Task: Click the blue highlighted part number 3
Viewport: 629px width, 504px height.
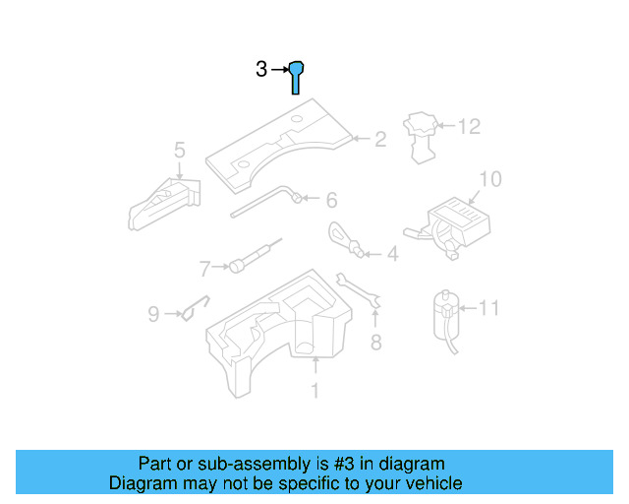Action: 296,75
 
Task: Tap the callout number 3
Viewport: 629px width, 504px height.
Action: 261,69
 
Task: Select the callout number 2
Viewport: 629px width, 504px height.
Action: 379,140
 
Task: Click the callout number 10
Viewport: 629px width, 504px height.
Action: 489,178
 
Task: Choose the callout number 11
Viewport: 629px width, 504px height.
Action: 488,308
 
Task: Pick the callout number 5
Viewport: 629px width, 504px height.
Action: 179,150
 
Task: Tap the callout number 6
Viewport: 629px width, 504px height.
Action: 331,201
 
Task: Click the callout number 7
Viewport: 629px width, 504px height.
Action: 205,268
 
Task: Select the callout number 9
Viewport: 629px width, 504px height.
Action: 153,314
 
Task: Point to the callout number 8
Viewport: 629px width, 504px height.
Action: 374,343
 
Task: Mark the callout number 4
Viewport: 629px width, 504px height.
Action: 392,255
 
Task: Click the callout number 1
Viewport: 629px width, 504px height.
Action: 315,392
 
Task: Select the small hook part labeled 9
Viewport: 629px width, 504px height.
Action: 194,309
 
